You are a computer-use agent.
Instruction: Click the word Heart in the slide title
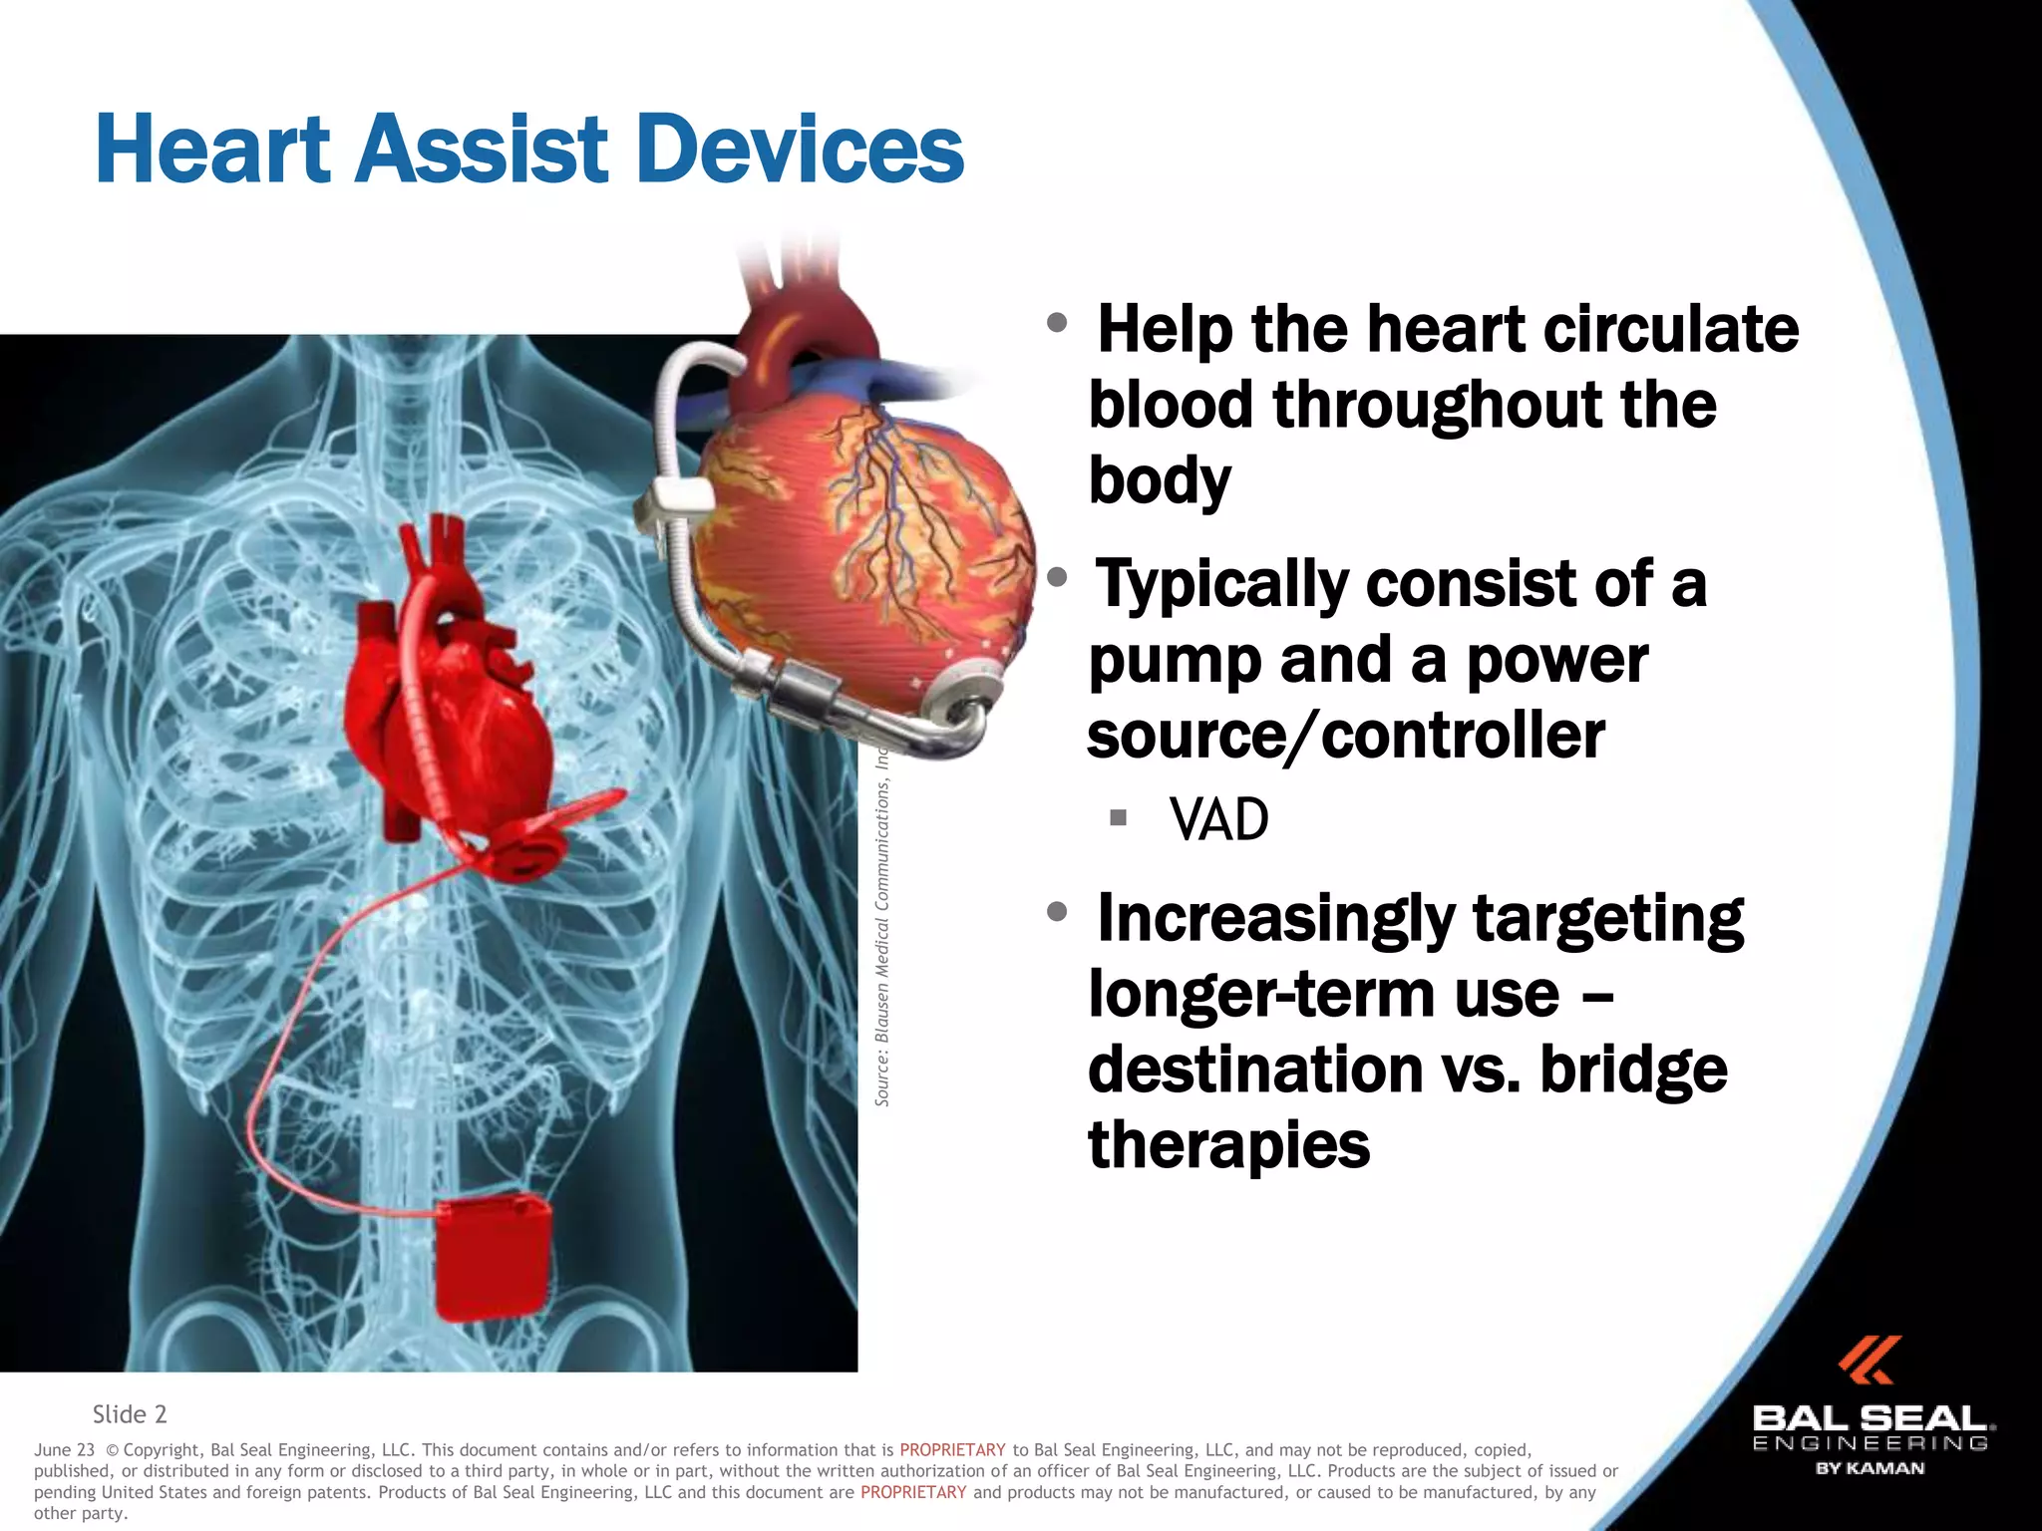tap(212, 150)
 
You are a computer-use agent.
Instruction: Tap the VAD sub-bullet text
tap(1218, 820)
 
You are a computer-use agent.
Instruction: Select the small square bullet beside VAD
tap(1118, 818)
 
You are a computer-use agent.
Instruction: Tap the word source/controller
tap(1346, 736)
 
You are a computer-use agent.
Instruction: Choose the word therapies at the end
tap(1228, 1144)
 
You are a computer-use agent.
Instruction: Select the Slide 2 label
tap(130, 1414)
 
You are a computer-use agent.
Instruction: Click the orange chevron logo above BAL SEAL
tap(1870, 1361)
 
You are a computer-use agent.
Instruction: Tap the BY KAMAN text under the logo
tap(1870, 1468)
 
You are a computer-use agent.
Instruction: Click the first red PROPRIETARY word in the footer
tap(952, 1450)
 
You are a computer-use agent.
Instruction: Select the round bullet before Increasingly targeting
tap(1058, 911)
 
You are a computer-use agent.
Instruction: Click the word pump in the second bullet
tap(1174, 661)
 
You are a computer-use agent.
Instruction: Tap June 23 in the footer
tap(64, 1450)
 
